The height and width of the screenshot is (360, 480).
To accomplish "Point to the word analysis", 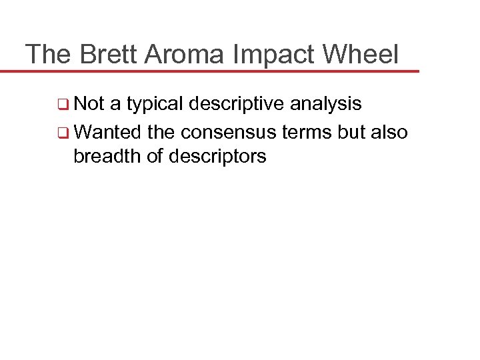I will (x=326, y=104).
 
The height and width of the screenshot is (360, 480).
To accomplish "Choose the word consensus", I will (x=238, y=131).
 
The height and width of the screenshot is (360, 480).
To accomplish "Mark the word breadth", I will (x=106, y=156).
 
